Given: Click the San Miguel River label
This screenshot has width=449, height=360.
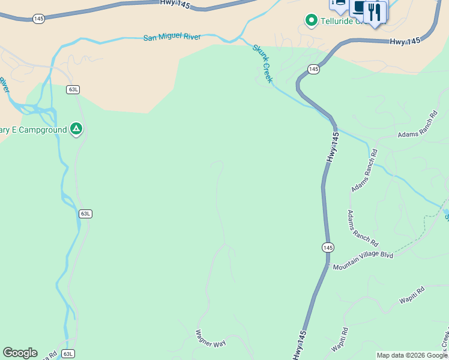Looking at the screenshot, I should (172, 37).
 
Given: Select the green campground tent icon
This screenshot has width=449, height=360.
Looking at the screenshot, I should (76, 129).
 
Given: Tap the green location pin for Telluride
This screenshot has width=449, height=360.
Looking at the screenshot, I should (311, 21).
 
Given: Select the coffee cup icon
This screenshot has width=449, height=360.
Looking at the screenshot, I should (359, 7).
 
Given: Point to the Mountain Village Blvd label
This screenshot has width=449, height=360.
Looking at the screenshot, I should (363, 255).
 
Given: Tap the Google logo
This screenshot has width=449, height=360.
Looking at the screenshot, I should (20, 353).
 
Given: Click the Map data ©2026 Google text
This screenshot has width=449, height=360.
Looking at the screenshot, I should (412, 355).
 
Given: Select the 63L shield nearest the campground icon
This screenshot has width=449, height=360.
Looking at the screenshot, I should (73, 89).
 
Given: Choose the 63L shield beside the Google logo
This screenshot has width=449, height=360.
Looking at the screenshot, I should (68, 354).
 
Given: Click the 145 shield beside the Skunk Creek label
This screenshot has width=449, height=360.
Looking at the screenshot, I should (313, 70).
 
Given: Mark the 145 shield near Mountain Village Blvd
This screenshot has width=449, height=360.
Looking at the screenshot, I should (327, 247).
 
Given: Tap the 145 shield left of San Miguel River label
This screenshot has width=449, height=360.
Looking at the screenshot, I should (38, 19).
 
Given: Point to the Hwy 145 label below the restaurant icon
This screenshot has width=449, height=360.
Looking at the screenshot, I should (405, 41).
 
